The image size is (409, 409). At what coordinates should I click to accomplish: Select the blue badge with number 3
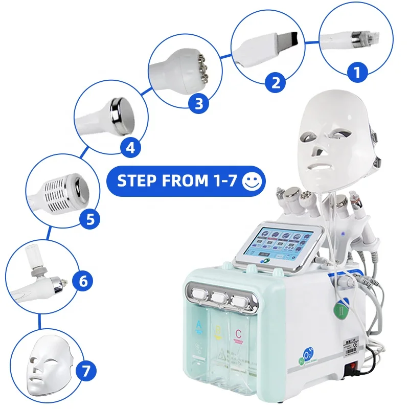198,104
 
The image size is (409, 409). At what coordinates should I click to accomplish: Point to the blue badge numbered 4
130,148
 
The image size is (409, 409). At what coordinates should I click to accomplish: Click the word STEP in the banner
133,181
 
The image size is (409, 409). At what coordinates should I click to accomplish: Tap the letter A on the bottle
199,325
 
